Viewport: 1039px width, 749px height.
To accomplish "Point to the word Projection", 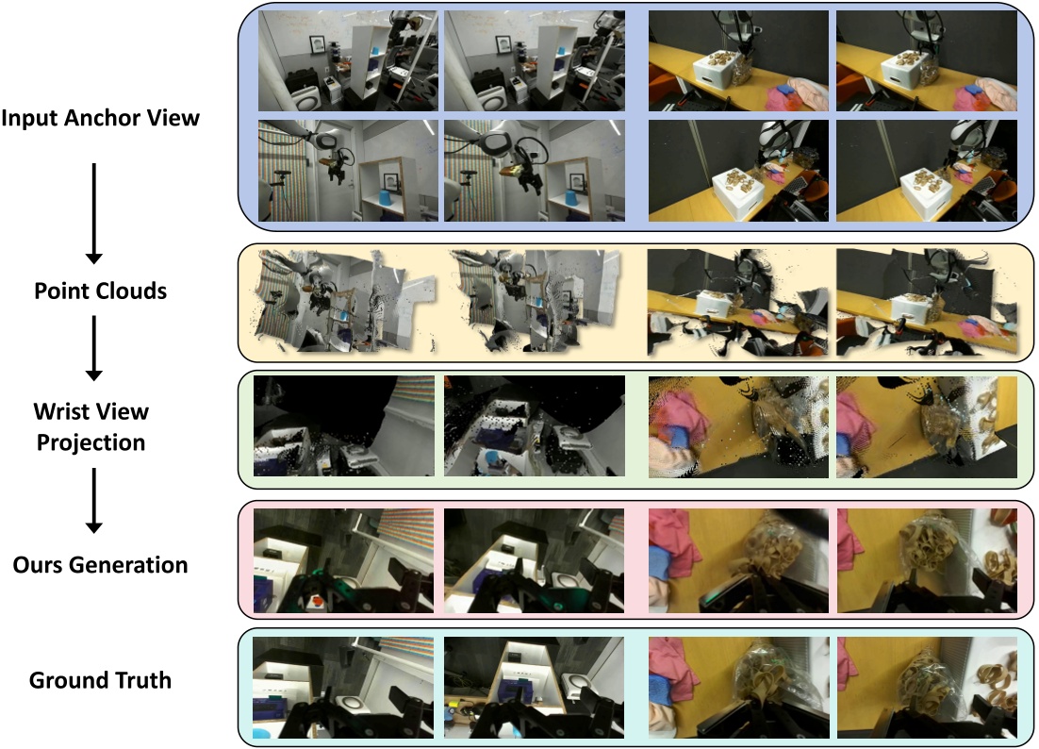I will click(91, 441).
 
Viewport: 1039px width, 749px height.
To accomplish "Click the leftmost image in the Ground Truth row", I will click(344, 687).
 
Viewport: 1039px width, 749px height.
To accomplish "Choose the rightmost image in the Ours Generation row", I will click(927, 558).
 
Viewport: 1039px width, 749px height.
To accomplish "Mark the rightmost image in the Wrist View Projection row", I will click(927, 426).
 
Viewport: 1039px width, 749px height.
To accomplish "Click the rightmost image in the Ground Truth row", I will click(927, 687).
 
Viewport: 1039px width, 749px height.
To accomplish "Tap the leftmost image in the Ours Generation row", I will click(344, 558).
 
